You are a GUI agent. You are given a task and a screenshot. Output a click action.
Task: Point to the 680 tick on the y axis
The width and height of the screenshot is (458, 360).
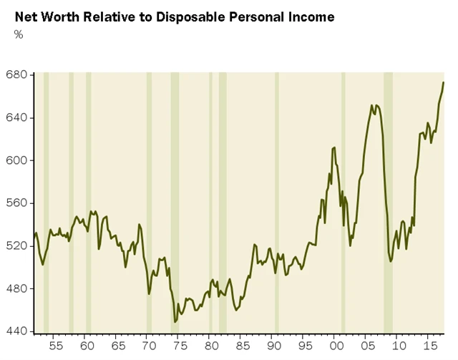point(16,74)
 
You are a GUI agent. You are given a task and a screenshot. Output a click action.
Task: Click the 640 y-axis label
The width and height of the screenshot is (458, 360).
point(16,117)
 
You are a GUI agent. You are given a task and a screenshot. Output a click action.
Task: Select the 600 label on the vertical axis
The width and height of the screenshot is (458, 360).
point(16,160)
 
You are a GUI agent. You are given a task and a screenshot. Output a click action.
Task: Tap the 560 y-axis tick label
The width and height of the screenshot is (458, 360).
point(16,203)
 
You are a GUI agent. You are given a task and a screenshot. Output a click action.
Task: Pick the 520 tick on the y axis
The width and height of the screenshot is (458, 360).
point(16,246)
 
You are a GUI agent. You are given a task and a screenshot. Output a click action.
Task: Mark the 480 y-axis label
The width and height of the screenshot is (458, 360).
point(16,289)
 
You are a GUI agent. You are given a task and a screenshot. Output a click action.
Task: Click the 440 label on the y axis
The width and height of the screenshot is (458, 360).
point(16,331)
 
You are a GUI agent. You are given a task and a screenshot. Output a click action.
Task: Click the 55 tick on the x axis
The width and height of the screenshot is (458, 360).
point(52,345)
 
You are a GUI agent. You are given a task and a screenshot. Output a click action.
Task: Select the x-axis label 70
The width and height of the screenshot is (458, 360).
point(147,345)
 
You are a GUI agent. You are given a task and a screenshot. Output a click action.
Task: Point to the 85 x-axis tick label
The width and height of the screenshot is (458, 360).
point(242,345)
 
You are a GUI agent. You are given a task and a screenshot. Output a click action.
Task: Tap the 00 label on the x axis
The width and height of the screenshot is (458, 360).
point(336,345)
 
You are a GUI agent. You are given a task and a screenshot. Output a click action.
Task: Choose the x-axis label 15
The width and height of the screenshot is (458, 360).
point(431,345)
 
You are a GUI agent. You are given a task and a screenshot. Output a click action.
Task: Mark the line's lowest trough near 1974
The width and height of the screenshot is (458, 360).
point(175,322)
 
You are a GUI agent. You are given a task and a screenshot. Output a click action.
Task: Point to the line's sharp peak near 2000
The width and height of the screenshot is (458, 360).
point(334,147)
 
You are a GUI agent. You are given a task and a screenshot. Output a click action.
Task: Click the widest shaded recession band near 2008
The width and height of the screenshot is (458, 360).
point(388,200)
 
